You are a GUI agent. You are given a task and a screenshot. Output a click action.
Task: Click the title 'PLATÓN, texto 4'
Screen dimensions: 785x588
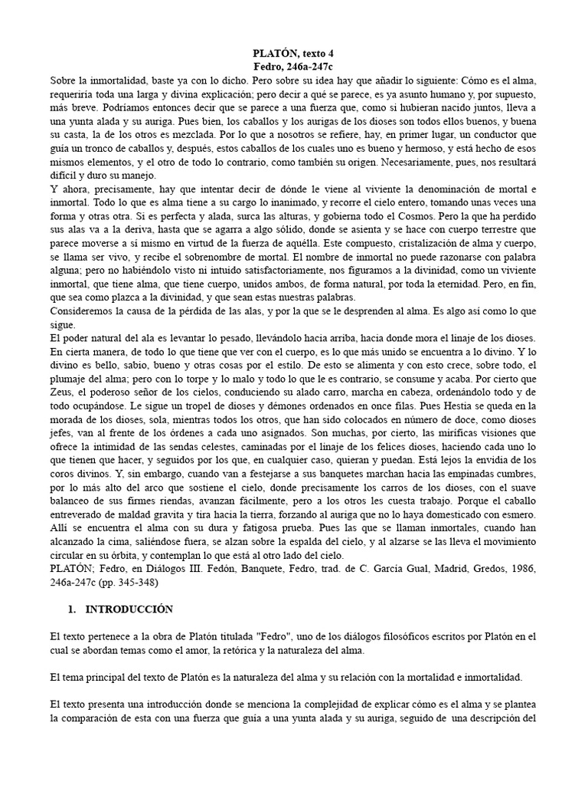pos(294,53)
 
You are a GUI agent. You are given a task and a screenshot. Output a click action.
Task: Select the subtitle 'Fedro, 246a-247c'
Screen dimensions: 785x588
pos(294,67)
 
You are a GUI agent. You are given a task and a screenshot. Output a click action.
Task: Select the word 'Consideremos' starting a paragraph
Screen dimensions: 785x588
pos(83,310)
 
